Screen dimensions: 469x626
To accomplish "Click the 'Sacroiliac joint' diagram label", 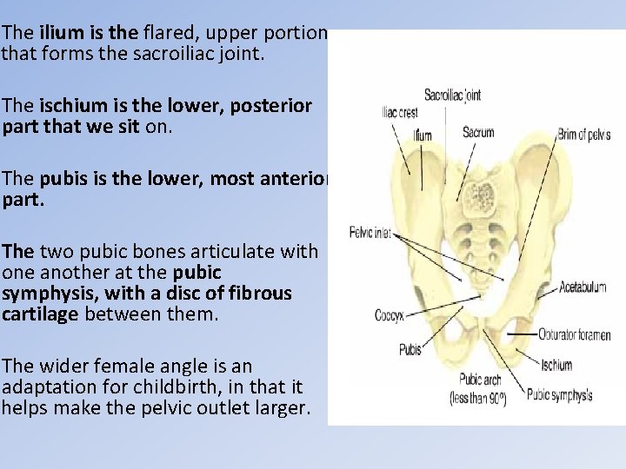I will tap(453, 96).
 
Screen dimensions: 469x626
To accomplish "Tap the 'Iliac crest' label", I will tap(400, 112).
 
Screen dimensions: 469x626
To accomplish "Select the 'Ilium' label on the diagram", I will tap(423, 135).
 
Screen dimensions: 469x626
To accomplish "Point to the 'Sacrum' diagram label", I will tap(478, 133).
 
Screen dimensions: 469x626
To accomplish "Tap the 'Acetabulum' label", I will tap(583, 286).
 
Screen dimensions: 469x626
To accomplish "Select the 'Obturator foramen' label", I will tap(575, 334).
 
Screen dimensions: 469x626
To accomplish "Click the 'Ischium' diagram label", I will tap(556, 365).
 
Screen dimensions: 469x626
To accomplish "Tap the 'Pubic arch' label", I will tap(478, 380).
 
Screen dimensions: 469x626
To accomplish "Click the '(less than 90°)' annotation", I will tap(478, 399).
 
